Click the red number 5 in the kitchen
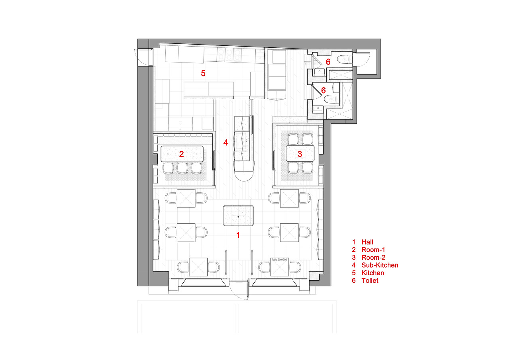pyautogui.click(x=203, y=73)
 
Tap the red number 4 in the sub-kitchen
pyautogui.click(x=226, y=143)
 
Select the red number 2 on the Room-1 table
pyautogui.click(x=181, y=154)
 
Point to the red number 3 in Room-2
pyautogui.click(x=300, y=154)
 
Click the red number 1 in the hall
pyautogui.click(x=238, y=235)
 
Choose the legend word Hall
pyautogui.click(x=367, y=242)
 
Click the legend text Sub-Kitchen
pyautogui.click(x=380, y=265)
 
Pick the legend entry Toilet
pyautogui.click(x=370, y=281)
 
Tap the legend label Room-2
pyautogui.click(x=373, y=257)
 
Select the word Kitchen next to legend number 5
pyautogui.click(x=373, y=273)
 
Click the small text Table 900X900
pyautogui.click(x=279, y=260)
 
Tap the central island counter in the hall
pyautogui.click(x=238, y=216)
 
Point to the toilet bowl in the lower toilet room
pyautogui.click(x=331, y=100)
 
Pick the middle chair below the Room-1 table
pyautogui.click(x=182, y=168)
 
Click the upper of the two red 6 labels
pyautogui.click(x=328, y=62)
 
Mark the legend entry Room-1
pyautogui.click(x=373, y=250)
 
